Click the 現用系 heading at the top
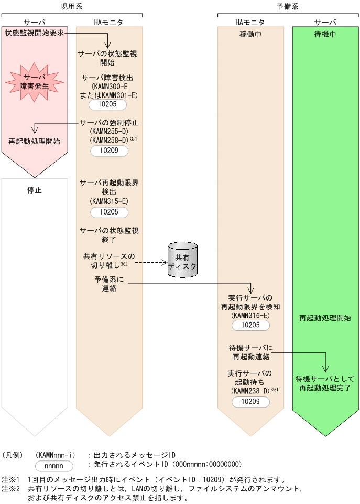[x=71, y=6]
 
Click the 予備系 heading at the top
[x=288, y=6]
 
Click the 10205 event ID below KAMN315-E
[x=108, y=212]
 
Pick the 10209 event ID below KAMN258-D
[x=108, y=151]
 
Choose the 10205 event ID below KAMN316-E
[x=251, y=325]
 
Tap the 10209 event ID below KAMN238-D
[x=251, y=401]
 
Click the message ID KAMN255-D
[x=108, y=132]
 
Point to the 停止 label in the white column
[x=35, y=190]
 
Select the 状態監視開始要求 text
[x=35, y=33]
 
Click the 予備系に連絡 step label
[x=108, y=284]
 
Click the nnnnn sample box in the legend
[x=54, y=465]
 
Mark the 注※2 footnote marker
[x=10, y=489]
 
